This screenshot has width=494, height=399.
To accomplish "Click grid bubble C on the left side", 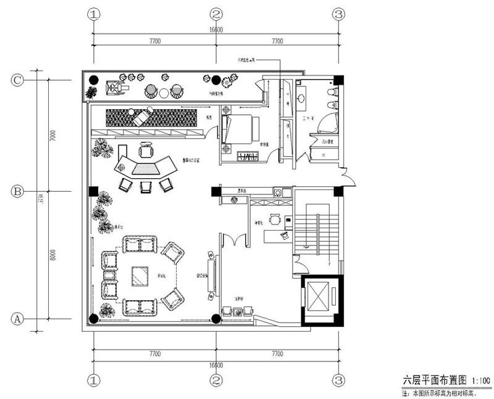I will pyautogui.click(x=18, y=80).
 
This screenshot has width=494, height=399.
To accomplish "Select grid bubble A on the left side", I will pyautogui.click(x=18, y=319).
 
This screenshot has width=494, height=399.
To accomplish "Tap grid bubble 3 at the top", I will pyautogui.click(x=338, y=14).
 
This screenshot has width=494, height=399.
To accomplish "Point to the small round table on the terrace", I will pyautogui.click(x=164, y=93).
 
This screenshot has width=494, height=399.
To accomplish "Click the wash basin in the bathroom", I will pyautogui.click(x=302, y=97).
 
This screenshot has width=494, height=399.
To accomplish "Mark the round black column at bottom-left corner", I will pyautogui.click(x=93, y=319).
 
